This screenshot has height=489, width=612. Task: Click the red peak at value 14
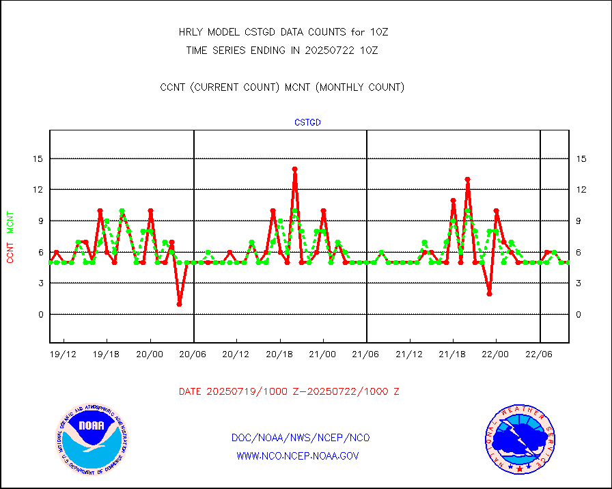coord(294,169)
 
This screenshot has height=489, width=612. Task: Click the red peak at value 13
coord(467,179)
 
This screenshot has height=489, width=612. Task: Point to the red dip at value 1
coord(179,304)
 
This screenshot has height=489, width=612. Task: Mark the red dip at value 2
coord(489,294)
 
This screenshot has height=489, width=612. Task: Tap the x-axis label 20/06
coord(193,354)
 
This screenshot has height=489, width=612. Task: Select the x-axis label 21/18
coord(452,354)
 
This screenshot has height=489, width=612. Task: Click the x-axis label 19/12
coord(64,354)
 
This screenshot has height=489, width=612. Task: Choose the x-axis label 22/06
coord(539,354)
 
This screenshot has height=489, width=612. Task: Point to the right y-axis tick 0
coord(579,314)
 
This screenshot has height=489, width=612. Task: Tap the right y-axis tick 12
coord(581,189)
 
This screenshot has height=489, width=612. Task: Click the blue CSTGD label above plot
coord(307,123)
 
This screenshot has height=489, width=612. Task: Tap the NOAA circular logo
coord(91,438)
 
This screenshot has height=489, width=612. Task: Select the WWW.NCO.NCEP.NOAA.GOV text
coord(298,456)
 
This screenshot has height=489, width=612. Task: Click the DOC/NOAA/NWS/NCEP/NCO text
coord(301,438)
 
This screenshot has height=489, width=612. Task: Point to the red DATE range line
coord(289,391)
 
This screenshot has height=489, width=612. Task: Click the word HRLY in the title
coord(191,32)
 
